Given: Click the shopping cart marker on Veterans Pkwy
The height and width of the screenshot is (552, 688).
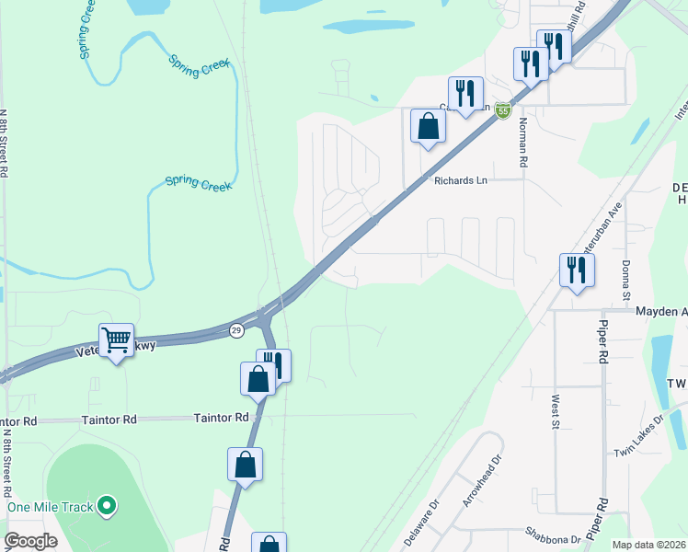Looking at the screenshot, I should (x=116, y=341).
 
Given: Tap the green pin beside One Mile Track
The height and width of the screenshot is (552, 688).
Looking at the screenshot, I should (x=108, y=505).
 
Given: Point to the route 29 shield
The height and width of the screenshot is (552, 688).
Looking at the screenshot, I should (x=236, y=330).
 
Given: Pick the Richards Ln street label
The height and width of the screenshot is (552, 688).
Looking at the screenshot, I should (x=460, y=181).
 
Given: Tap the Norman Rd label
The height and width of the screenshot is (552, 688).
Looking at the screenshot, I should (x=522, y=143).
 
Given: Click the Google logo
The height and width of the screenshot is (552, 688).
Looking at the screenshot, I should (x=30, y=541).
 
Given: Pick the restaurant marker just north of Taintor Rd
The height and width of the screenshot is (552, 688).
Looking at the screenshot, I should (x=274, y=364).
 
